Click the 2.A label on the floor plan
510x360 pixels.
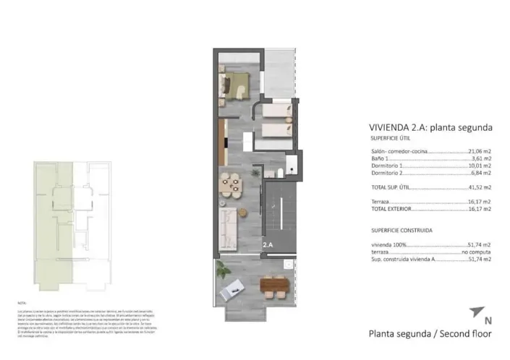click(268, 245)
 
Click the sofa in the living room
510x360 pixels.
click(227, 227)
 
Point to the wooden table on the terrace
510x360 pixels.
click(274, 287)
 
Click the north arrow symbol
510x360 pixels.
click(475, 312)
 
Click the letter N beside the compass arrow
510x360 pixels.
click(488, 320)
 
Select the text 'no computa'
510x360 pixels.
click(476, 252)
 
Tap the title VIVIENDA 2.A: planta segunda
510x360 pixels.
click(430, 127)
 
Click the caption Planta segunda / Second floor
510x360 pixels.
click(430, 334)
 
